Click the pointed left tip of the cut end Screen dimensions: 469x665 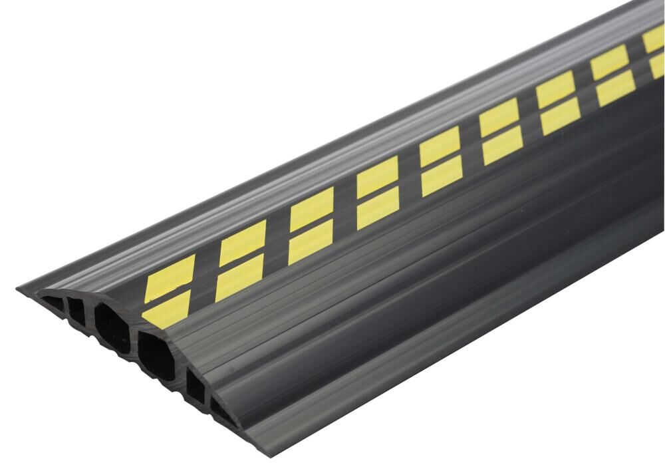coord(20,287)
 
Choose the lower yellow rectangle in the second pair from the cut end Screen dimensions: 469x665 coord(240,275)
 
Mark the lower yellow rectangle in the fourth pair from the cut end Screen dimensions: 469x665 coord(377,207)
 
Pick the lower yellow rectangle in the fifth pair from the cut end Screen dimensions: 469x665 coord(440,176)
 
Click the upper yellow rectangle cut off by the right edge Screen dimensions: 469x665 coord(654,41)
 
